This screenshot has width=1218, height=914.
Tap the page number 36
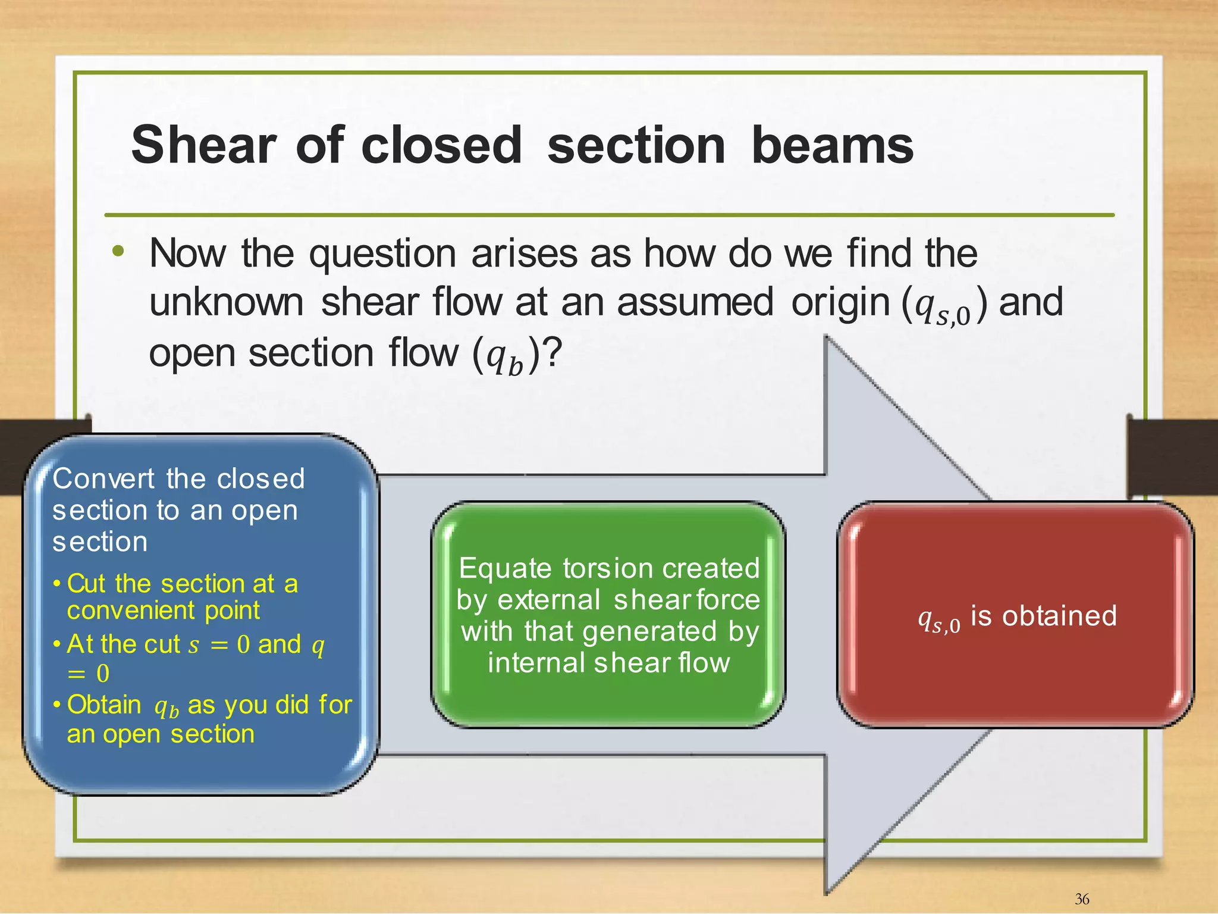(x=1082, y=899)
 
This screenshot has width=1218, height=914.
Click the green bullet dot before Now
(x=118, y=251)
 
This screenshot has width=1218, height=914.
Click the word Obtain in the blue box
(x=104, y=705)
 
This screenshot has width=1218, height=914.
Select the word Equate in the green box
(x=506, y=569)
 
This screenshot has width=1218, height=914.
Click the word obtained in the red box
(x=1059, y=616)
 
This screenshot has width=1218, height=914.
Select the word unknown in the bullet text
(x=227, y=302)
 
